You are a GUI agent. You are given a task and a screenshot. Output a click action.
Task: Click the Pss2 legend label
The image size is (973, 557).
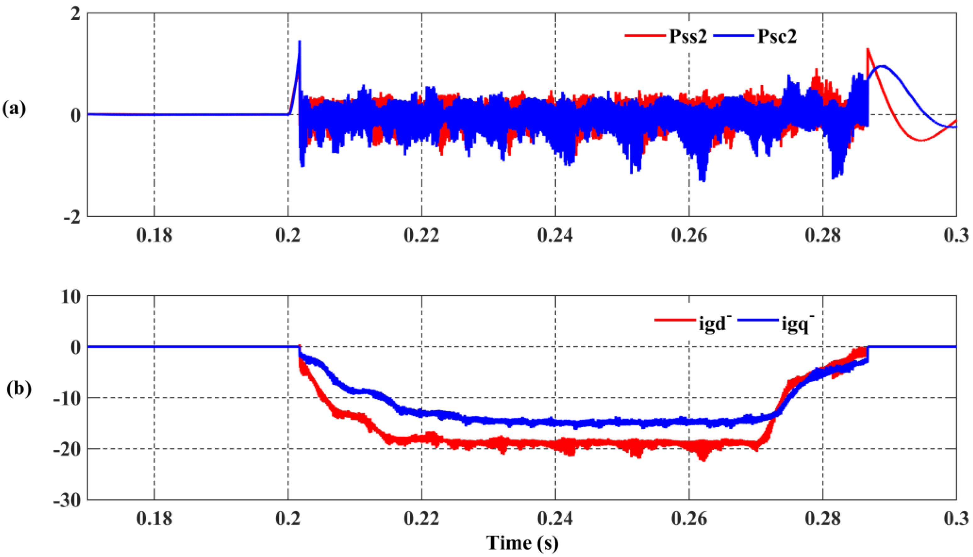pos(688,37)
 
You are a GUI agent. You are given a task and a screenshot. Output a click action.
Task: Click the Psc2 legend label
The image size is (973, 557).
pos(777,37)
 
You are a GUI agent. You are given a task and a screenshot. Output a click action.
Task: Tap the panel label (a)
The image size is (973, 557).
pos(14,109)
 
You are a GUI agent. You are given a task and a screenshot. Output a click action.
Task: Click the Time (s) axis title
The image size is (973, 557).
pos(522,543)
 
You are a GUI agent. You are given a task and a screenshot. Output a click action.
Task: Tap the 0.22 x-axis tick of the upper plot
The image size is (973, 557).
pos(422,235)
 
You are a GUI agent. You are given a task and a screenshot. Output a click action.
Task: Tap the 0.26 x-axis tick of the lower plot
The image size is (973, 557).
pos(689,518)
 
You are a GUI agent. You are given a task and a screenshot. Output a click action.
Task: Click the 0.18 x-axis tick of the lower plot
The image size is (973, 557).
pos(155,518)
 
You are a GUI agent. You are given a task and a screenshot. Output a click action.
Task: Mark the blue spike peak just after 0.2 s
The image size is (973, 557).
pos(300,41)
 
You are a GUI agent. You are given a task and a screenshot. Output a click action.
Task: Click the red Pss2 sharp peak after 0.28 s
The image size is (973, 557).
pos(868,49)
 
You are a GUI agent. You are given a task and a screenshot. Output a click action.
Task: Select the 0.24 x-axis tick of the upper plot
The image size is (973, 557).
pos(555,235)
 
